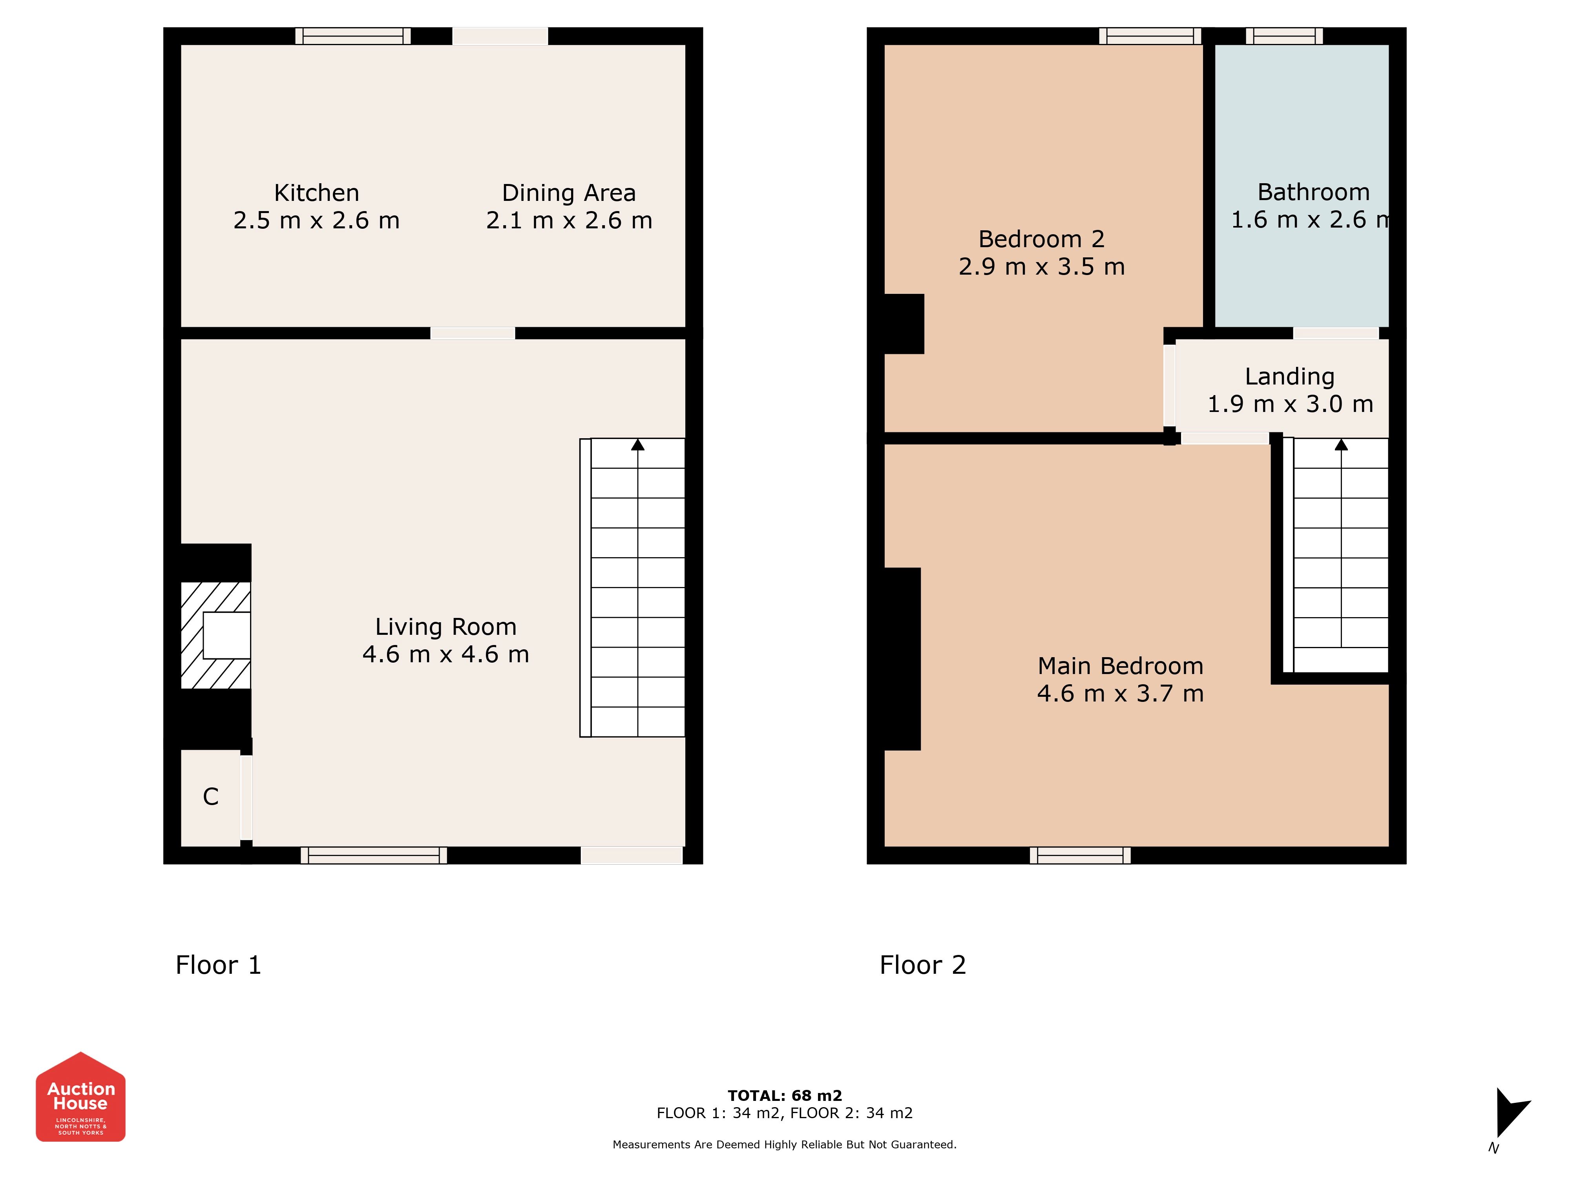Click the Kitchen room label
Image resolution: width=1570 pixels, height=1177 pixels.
317,193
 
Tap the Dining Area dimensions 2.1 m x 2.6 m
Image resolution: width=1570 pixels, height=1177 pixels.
569,220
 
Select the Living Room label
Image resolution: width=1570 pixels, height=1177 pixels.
446,627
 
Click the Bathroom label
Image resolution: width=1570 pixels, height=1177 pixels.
1314,192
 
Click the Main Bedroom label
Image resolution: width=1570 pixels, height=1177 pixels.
1121,666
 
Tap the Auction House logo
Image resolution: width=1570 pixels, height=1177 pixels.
81,1097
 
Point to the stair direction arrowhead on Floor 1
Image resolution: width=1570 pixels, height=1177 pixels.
638,445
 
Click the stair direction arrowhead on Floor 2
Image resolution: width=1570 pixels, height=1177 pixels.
1342,445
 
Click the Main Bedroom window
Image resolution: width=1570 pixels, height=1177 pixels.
1080,856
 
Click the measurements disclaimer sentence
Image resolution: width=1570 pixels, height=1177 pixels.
785,1144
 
